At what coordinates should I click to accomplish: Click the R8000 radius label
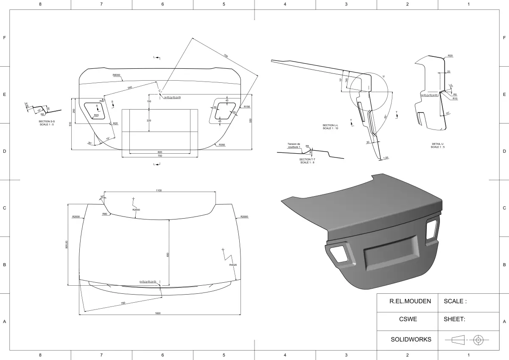click(117, 75)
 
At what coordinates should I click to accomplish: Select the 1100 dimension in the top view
click(159, 191)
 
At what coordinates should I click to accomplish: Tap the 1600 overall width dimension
click(158, 313)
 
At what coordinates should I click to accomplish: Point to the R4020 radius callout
click(232, 265)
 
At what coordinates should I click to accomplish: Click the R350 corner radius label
click(222, 145)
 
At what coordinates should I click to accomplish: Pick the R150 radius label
click(247, 107)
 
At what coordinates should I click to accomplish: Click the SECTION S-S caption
click(47, 123)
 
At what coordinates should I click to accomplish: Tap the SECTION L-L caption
click(330, 127)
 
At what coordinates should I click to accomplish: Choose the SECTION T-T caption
click(307, 161)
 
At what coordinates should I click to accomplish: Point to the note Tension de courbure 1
click(294, 145)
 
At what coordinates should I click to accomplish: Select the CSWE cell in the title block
click(408, 319)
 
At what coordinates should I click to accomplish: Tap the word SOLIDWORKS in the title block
click(411, 339)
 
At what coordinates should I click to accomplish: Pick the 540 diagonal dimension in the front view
click(130, 87)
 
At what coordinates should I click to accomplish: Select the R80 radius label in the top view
click(104, 214)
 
